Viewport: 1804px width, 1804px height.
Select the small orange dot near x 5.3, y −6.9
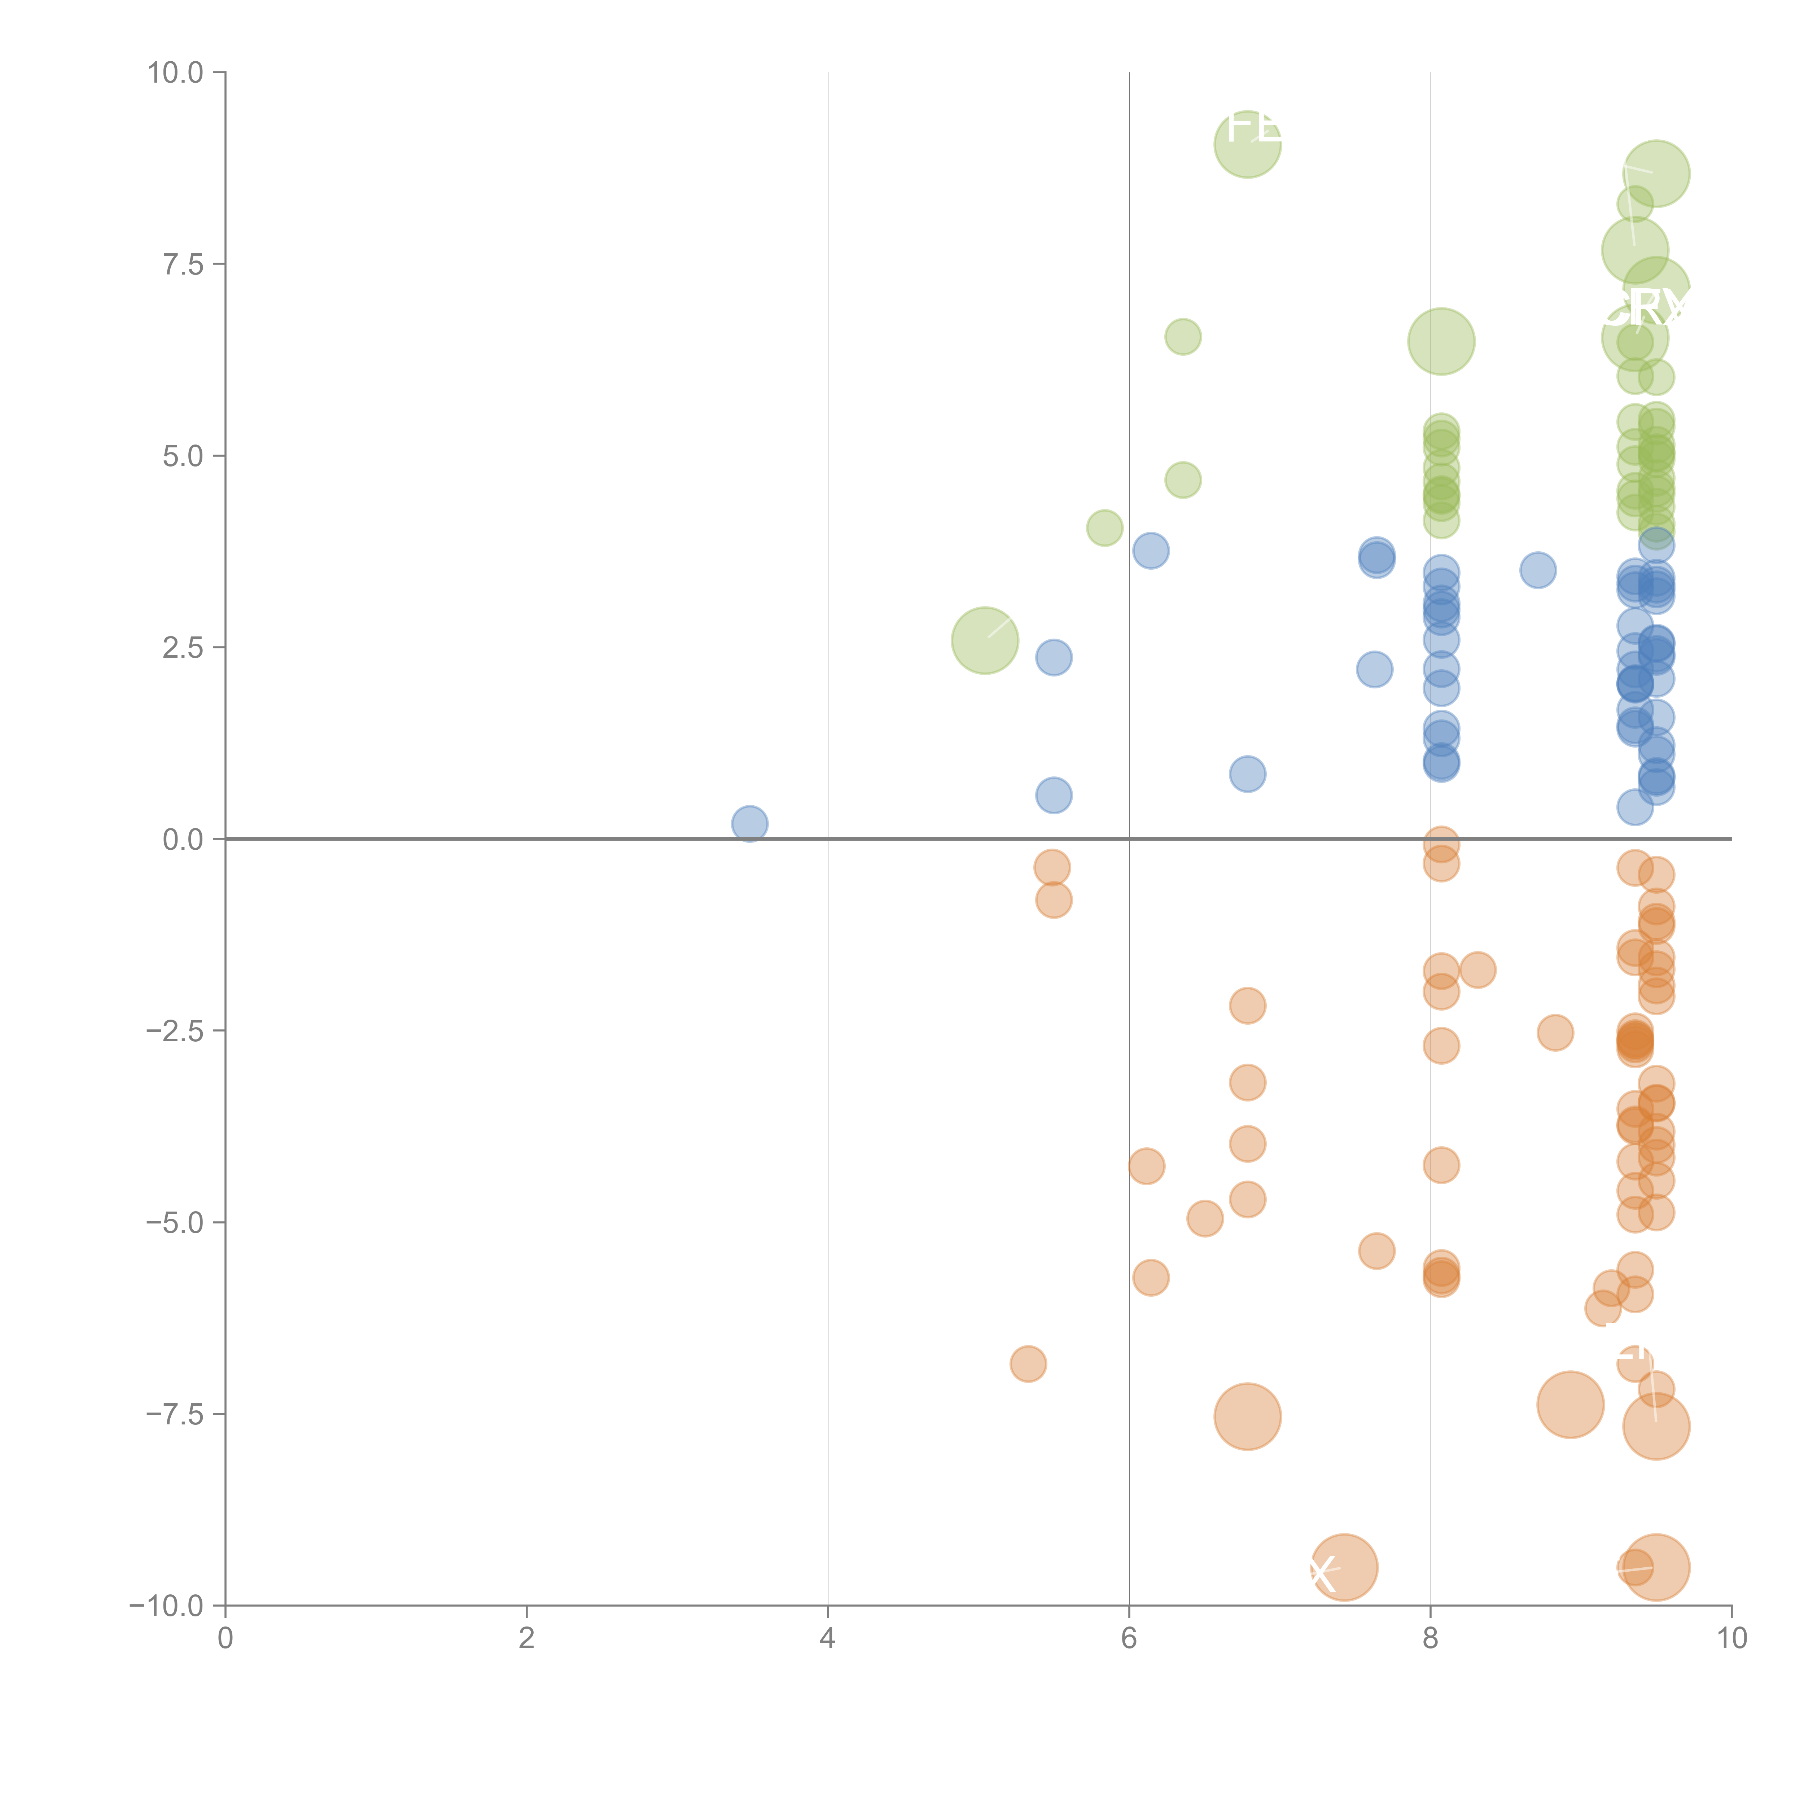click(x=1028, y=1364)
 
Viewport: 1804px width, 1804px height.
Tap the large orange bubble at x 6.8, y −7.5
click(x=1248, y=1417)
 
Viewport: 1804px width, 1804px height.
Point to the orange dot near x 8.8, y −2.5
click(x=1555, y=1033)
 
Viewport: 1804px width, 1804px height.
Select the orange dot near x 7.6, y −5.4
click(x=1376, y=1251)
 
